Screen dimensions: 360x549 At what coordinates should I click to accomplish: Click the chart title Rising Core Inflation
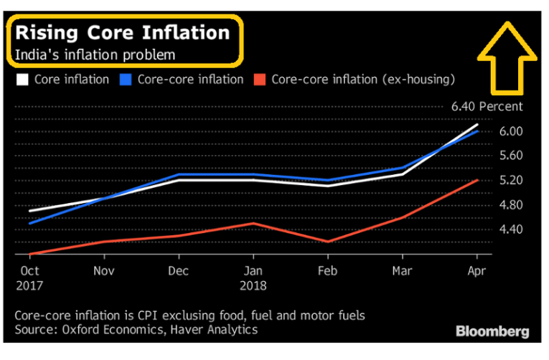point(123,33)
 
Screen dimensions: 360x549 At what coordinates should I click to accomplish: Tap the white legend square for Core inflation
point(22,79)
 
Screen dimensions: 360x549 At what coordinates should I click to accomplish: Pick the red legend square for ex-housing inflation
point(259,79)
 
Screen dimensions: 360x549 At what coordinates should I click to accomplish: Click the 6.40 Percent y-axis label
point(487,107)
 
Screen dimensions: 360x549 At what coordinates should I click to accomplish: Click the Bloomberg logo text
point(492,331)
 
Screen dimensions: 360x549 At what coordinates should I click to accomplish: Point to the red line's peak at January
point(253,223)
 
